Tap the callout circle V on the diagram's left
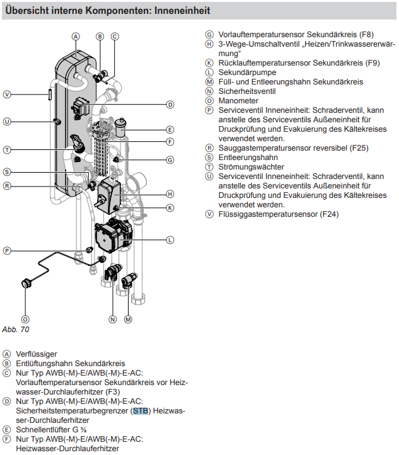tap(7, 95)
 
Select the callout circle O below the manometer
tap(25, 319)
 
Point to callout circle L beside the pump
tap(170, 239)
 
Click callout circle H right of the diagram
tap(170, 193)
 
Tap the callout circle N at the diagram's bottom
tap(113, 320)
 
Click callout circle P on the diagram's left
tap(7, 250)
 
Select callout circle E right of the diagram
tap(170, 129)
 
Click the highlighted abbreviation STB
tap(142, 411)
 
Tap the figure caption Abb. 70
tap(16, 329)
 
